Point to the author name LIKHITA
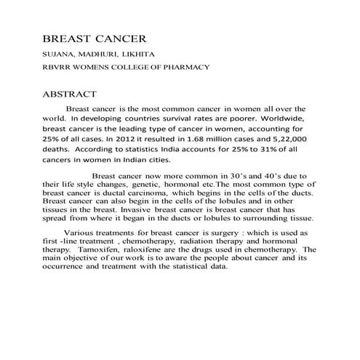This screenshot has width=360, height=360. coord(135,54)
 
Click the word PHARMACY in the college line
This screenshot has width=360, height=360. coord(185,67)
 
